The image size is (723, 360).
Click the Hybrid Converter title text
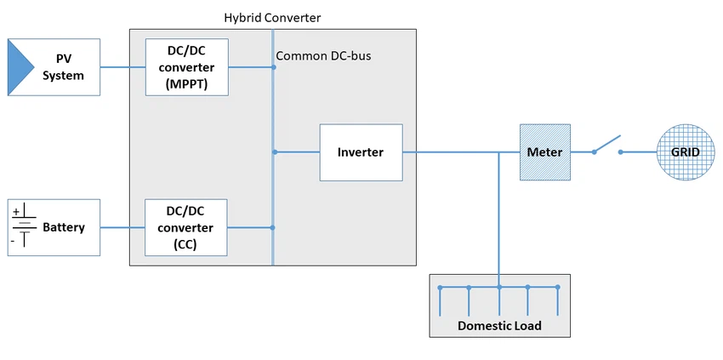point(272,17)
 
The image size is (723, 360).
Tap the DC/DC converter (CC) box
point(186,227)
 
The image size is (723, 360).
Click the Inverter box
point(361,152)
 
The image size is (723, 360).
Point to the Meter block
point(545,152)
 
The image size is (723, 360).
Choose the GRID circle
point(685,152)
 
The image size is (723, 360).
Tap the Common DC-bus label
point(323,56)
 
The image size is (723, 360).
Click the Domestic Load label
point(499,325)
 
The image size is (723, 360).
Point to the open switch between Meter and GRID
point(607,146)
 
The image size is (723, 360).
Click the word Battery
point(64,227)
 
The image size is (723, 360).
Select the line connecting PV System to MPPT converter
point(122,67)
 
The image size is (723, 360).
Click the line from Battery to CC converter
point(122,227)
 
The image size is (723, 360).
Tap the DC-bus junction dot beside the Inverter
point(274,152)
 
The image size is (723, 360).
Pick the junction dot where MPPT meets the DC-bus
point(274,67)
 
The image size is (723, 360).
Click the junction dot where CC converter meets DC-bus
point(272,227)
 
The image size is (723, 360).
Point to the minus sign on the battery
point(13,241)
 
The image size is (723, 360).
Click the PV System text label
point(64,67)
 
